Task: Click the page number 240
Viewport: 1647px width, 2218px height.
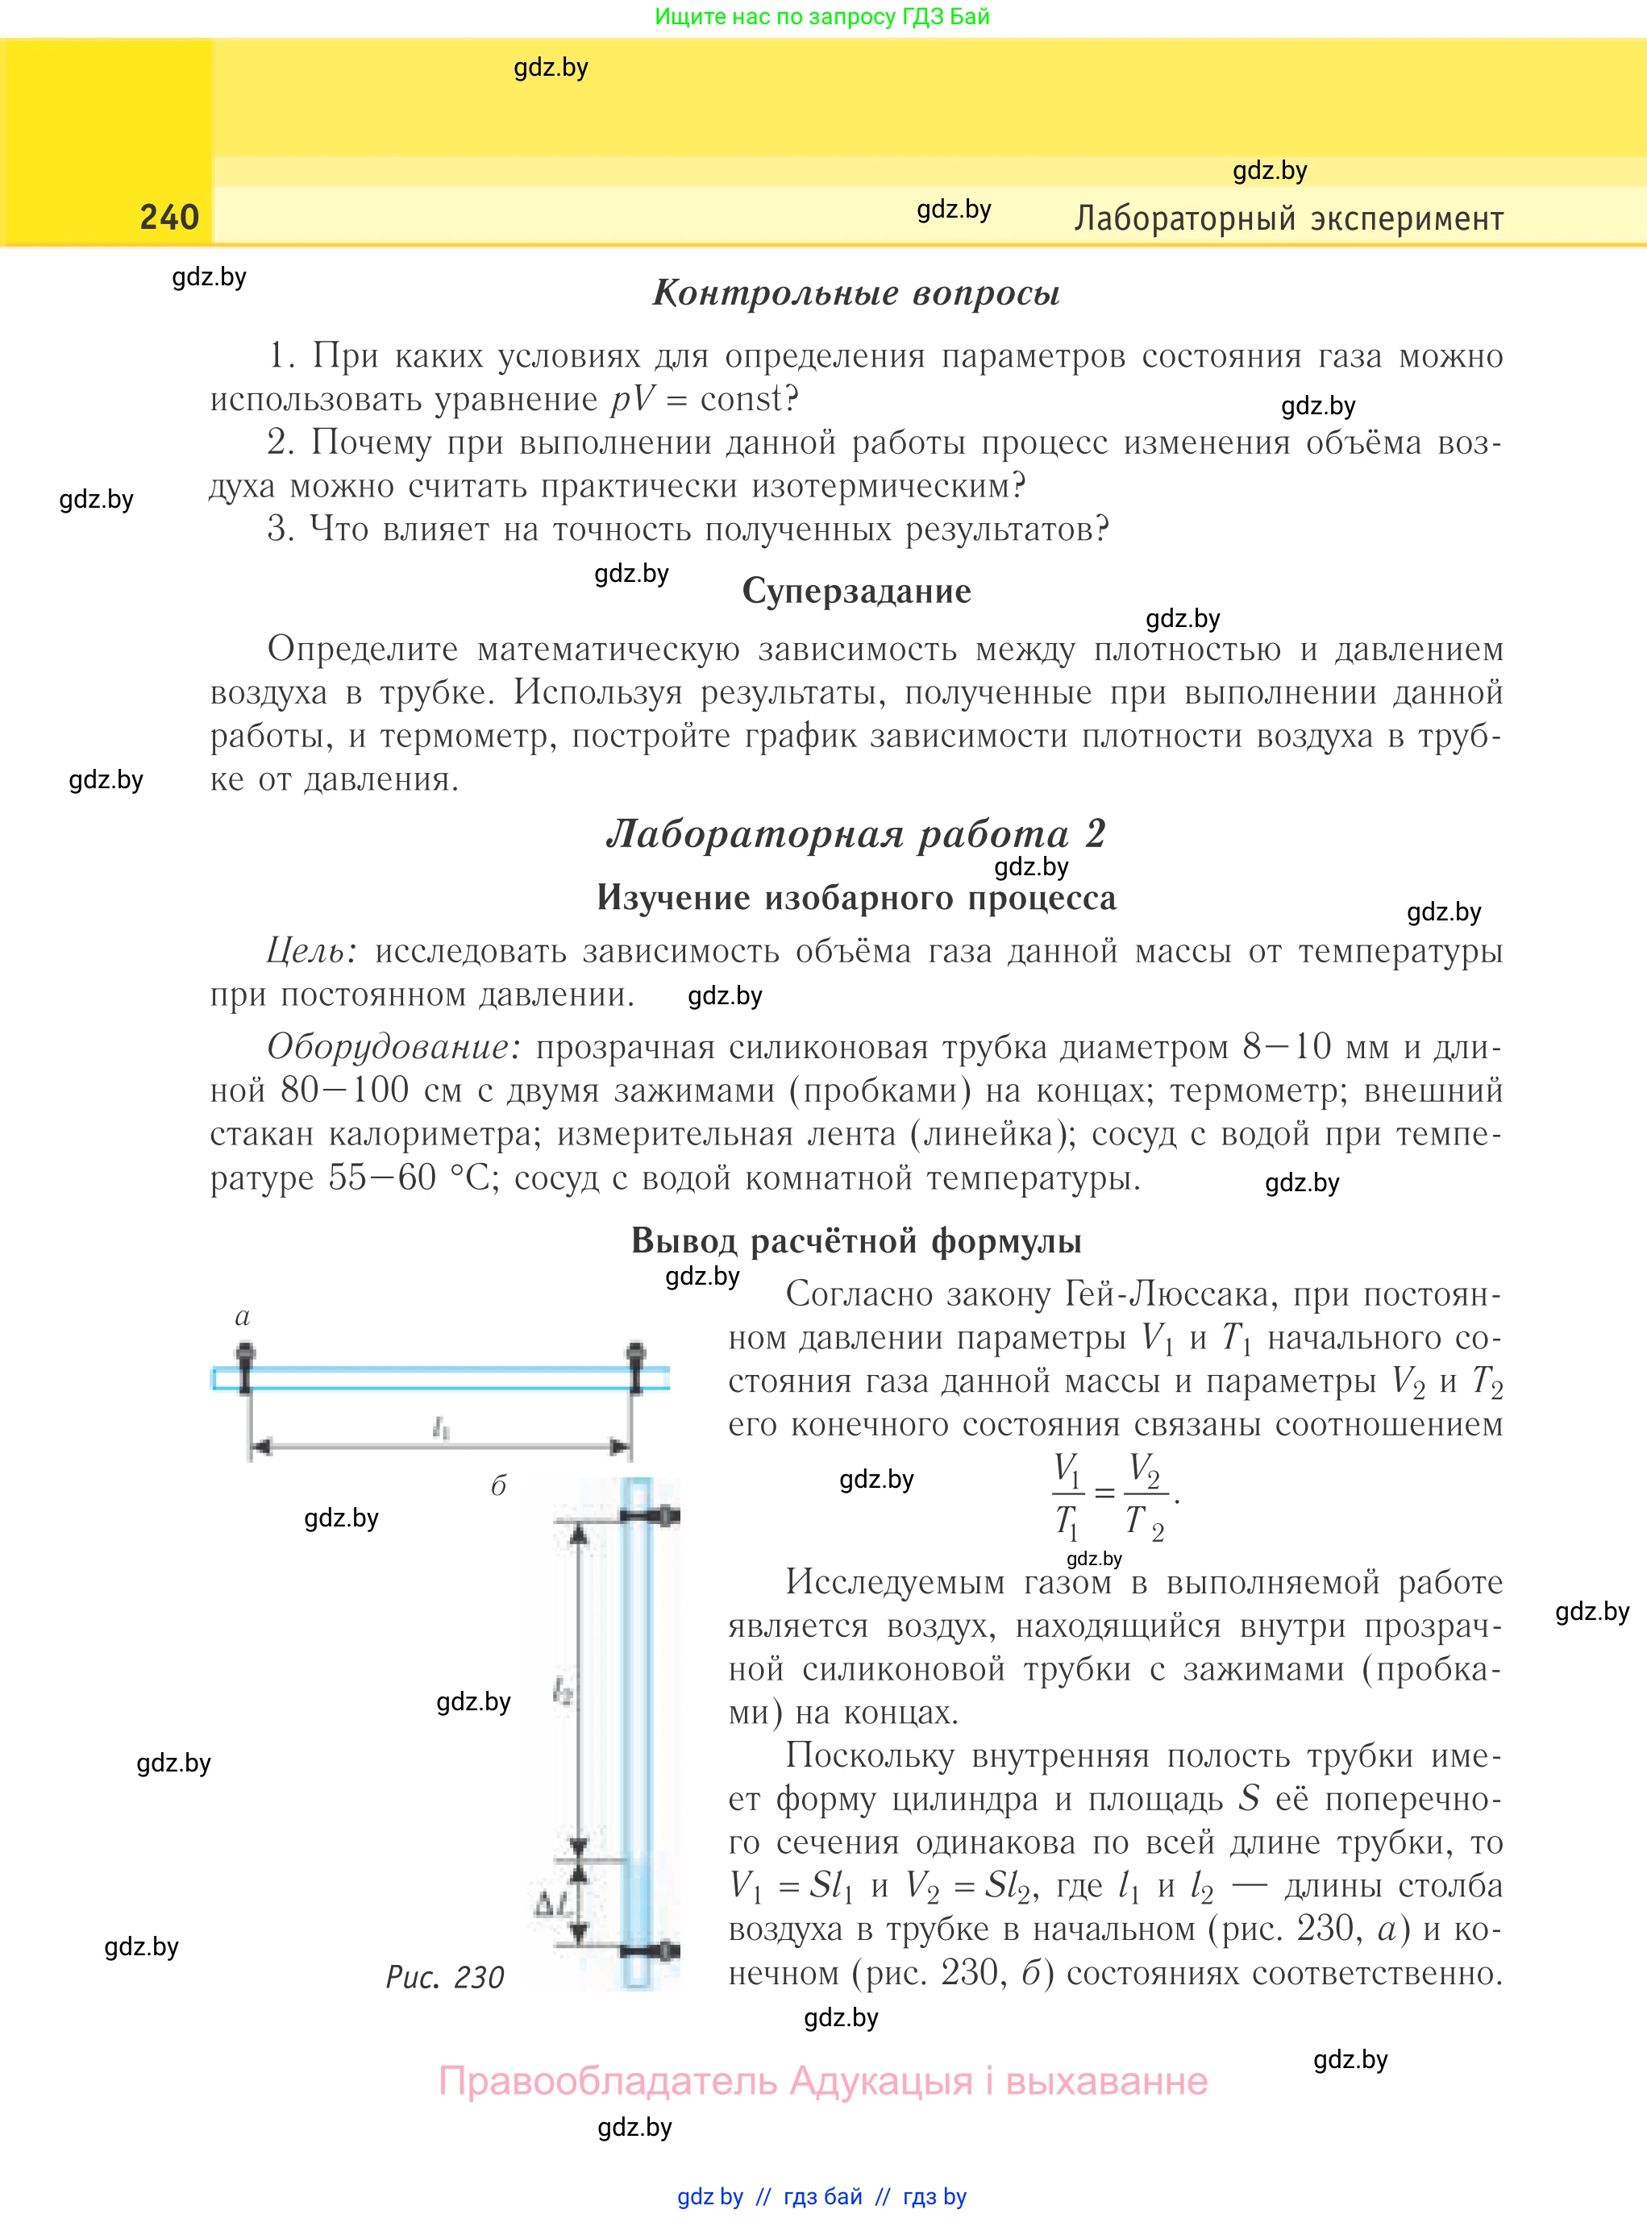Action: [x=169, y=218]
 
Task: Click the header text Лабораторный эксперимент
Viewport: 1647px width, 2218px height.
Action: [x=1288, y=218]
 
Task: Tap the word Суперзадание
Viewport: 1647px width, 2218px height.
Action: [x=856, y=591]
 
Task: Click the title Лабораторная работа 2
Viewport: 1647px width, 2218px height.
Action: [x=855, y=833]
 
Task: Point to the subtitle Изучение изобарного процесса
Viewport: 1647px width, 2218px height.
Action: [x=855, y=897]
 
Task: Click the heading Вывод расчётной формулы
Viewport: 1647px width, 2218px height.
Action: [x=855, y=1240]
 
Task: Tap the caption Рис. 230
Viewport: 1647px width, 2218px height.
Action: [x=445, y=1977]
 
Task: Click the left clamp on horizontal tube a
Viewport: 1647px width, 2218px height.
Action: [x=245, y=1368]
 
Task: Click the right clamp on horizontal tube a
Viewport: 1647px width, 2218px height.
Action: [x=635, y=1368]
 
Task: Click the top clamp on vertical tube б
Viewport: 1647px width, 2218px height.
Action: [x=653, y=1516]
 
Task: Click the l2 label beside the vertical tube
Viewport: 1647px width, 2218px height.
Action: [x=562, y=1689]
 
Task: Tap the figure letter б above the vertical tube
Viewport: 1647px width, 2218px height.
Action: [x=498, y=1486]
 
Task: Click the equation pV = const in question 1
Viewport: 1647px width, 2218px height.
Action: [x=704, y=399]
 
